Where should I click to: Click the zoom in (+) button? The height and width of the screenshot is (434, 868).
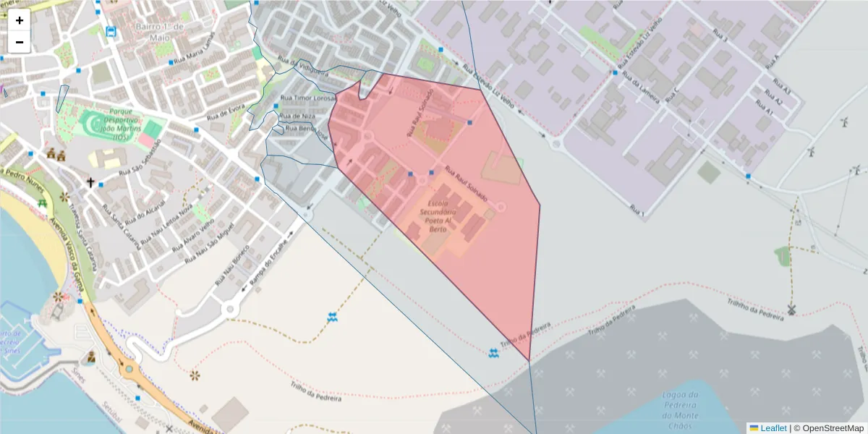click(x=20, y=20)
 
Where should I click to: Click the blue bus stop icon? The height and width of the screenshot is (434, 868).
click(x=110, y=31)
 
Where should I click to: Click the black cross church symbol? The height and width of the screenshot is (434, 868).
click(x=90, y=183)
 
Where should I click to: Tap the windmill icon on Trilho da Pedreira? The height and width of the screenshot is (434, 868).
click(x=791, y=310)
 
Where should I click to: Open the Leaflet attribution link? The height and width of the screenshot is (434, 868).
click(x=773, y=428)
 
